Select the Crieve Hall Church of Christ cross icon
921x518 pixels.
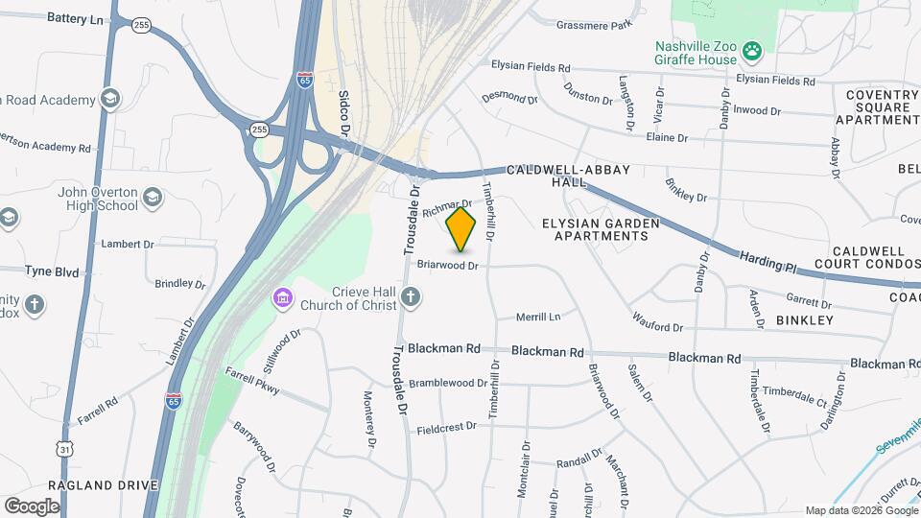411,298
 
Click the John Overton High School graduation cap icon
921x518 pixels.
152,199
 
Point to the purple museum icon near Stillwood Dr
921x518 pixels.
282,298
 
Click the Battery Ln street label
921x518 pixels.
74,18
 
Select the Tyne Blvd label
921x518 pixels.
52,272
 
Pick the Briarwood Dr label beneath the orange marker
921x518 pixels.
447,266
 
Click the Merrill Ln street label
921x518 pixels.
537,317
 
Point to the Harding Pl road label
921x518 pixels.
767,262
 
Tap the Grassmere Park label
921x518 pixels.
595,25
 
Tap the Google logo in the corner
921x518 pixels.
32,506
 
